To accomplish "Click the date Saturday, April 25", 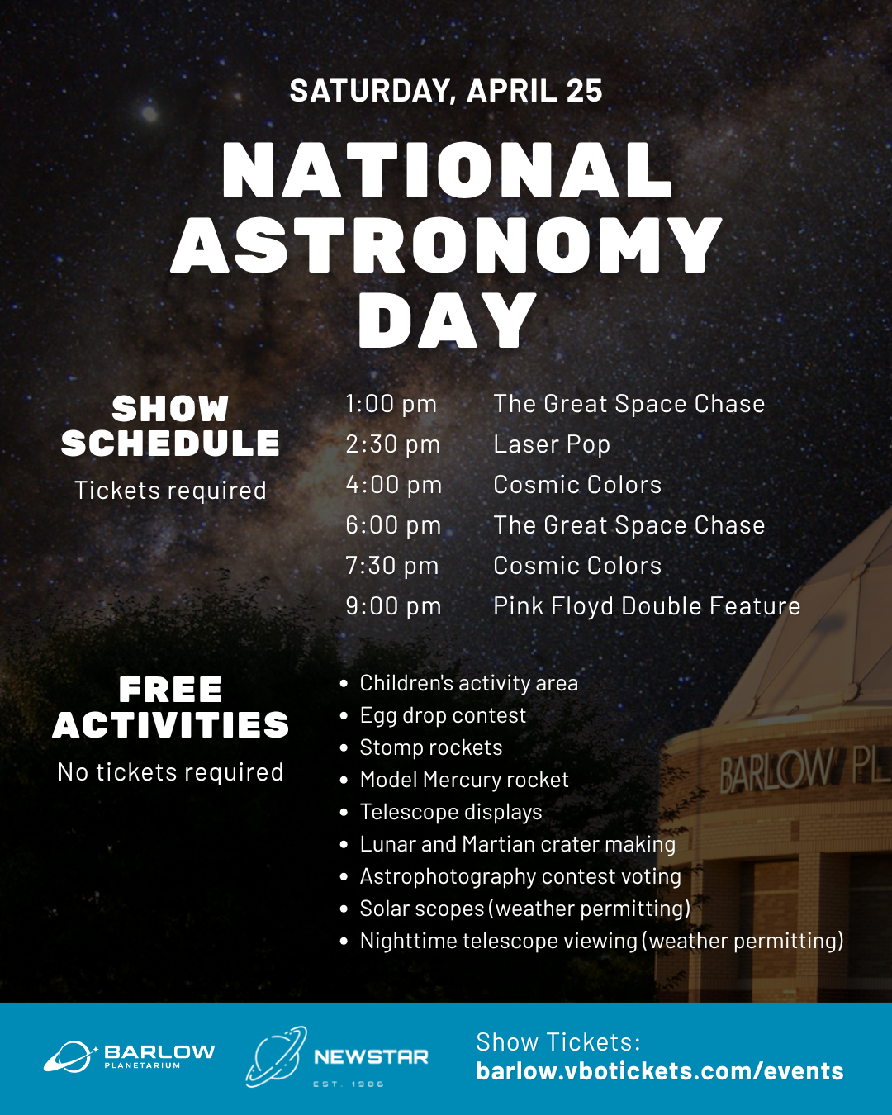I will pos(446,91).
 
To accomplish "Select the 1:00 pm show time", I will pos(391,404).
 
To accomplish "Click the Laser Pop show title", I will pos(552,444).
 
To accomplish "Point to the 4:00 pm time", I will pos(393,485).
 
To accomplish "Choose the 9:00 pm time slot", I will pos(393,606).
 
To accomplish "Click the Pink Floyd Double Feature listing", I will pos(647,606).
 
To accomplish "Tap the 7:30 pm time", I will pos(391,566).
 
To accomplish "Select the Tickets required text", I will pos(170,491).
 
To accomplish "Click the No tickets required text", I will pos(170,772).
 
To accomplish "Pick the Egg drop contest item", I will pos(443,715).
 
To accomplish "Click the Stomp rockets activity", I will pos(431,747).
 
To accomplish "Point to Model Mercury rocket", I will pos(464,780).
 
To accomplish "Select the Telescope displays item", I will pos(451,812).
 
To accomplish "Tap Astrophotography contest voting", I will pos(520,876).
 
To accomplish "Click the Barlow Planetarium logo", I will pos(129,1056).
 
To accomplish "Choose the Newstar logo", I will pos(337,1056).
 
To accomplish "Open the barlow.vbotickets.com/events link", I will pos(660,1071).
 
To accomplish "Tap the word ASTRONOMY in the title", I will pos(447,245).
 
